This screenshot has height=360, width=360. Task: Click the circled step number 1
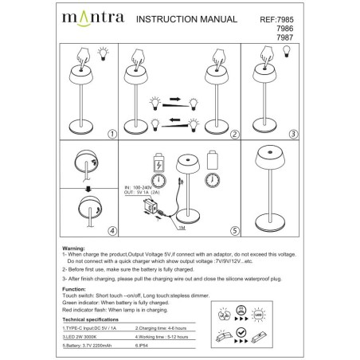coord(112,135)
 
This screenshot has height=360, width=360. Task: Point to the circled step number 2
coord(234,135)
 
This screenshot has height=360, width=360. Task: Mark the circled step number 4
coord(112,232)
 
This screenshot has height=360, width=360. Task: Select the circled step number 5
coord(235,232)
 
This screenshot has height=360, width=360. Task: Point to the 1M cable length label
coord(182,227)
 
